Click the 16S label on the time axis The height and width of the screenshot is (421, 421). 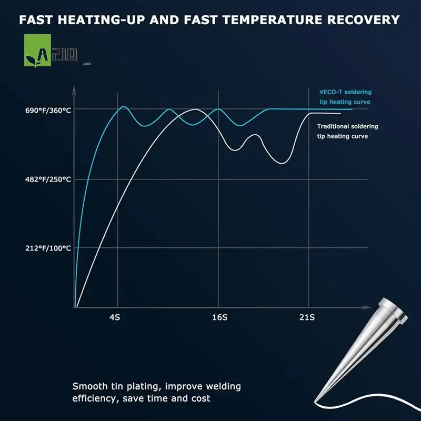click(220, 317)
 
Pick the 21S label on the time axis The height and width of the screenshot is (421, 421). click(307, 317)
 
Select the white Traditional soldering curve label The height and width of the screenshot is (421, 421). click(348, 131)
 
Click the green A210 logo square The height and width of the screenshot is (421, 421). click(38, 51)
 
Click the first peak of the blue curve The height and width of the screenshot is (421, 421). click(124, 107)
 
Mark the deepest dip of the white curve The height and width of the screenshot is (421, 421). click(282, 163)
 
